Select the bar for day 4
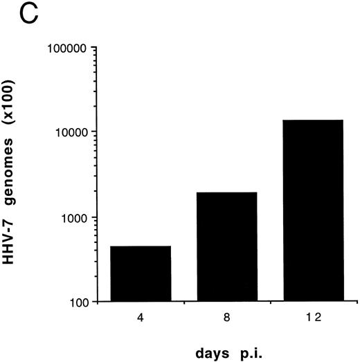[141, 274]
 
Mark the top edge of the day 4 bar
[141, 246]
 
